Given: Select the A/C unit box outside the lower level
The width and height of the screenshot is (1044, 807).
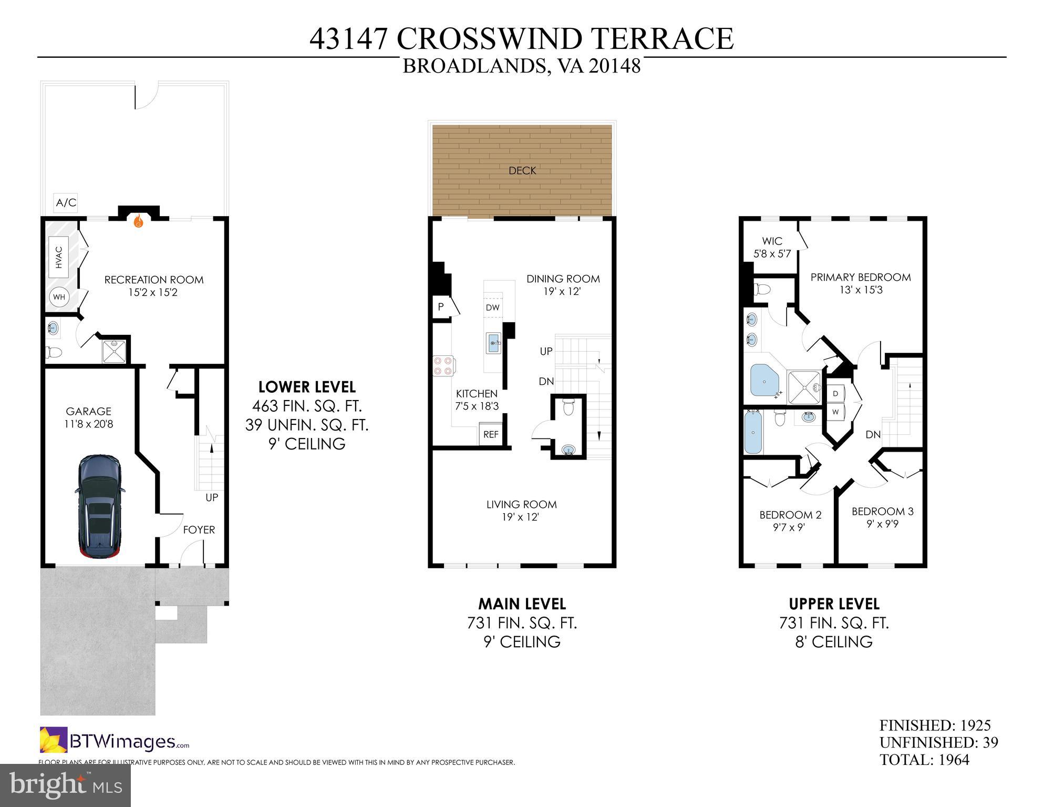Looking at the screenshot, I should coord(66,202).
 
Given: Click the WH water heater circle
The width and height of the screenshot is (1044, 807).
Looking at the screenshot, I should coord(59,297).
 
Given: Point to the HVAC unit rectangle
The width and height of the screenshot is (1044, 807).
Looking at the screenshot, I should coord(59,257).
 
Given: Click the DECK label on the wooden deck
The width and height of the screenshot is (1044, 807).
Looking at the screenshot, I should coord(522,170).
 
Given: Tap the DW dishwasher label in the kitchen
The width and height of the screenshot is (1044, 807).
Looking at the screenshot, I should coord(492,308).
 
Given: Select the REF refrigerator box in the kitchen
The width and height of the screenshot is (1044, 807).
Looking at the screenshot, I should coord(491,435).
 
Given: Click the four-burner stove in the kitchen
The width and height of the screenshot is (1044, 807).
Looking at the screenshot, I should coord(443,365).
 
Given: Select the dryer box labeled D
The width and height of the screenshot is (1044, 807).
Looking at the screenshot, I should coord(835,393).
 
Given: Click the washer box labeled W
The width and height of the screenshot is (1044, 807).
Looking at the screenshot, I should coord(835,412).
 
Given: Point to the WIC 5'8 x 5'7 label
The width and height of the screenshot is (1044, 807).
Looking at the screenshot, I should coord(772,248).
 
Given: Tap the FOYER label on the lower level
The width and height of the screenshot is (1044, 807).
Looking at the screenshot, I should coord(199,530).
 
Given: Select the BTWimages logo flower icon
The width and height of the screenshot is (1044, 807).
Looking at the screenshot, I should coord(54,740).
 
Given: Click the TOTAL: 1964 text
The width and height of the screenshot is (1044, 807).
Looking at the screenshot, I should coord(924,760).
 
